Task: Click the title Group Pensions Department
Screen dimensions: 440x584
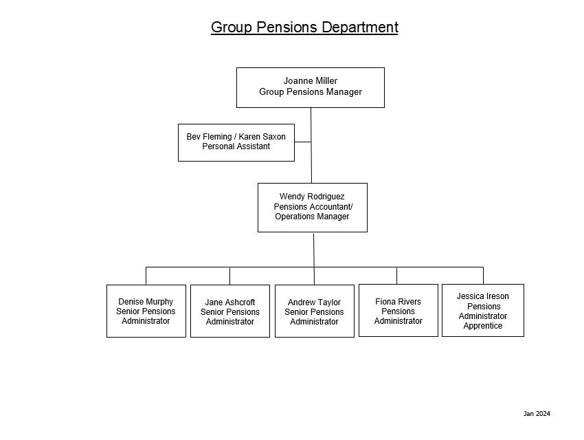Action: [x=304, y=27]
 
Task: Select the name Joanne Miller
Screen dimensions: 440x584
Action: [x=311, y=81]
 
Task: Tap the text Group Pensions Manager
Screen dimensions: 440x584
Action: [x=311, y=92]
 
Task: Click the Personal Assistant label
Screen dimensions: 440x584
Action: [x=236, y=146]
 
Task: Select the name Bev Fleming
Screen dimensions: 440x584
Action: [x=208, y=137]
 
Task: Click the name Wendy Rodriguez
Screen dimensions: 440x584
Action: [x=312, y=197]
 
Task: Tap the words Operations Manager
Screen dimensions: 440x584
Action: [x=312, y=217]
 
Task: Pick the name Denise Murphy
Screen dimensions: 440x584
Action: [x=146, y=302]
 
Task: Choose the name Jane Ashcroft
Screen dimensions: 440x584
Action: [x=230, y=302]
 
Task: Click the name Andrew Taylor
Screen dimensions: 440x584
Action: [x=314, y=302]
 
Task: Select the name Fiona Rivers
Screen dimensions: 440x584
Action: [x=398, y=302]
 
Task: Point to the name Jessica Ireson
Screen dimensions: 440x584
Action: [x=483, y=296]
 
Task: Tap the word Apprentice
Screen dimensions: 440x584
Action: [x=483, y=326]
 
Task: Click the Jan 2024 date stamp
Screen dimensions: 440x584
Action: [x=537, y=414]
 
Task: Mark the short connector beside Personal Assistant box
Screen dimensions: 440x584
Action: [x=302, y=142]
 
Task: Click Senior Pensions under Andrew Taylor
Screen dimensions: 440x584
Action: [x=314, y=312]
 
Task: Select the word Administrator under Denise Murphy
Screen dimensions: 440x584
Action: [x=146, y=321]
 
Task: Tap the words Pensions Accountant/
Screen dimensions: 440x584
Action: [x=313, y=207]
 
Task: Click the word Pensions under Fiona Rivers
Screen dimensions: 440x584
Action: [x=398, y=311]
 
